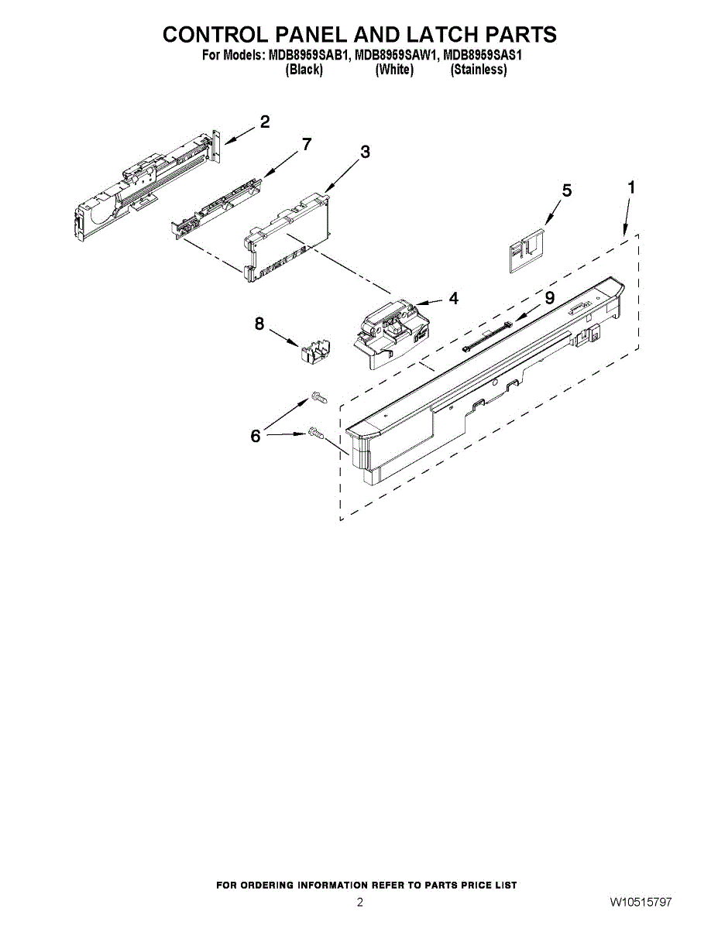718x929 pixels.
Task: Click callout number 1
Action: (632, 187)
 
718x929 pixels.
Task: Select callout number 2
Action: (265, 122)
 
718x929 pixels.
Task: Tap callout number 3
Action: (365, 152)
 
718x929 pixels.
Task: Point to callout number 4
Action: (452, 297)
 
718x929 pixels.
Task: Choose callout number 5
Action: (567, 190)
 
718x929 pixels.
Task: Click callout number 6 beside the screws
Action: (256, 437)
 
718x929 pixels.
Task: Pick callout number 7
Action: (307, 144)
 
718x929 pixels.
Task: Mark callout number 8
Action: (259, 324)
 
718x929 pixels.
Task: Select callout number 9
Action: (550, 297)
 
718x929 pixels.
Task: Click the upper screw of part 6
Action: (319, 397)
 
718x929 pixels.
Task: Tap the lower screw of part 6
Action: (316, 435)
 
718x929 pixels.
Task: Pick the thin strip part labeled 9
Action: (486, 338)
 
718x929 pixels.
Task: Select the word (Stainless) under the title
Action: (479, 70)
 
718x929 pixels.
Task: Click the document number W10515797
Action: (640, 903)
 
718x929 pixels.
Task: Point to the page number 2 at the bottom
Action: (359, 903)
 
